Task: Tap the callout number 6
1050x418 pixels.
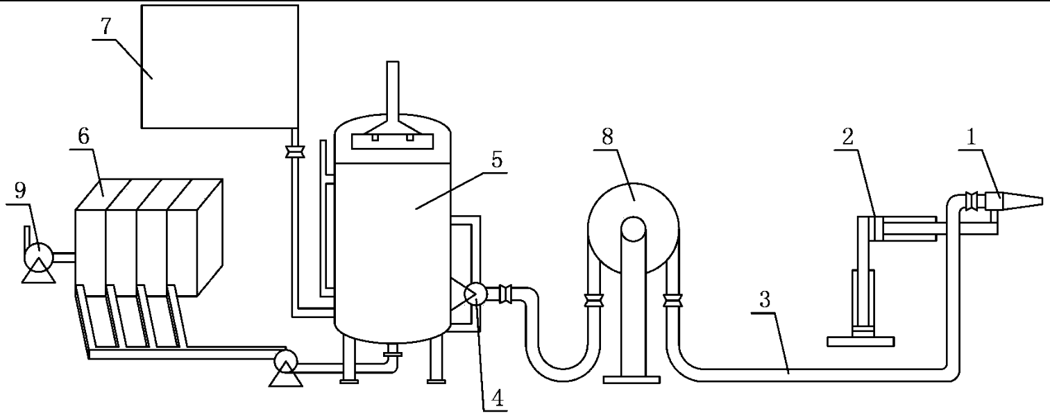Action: click(83, 137)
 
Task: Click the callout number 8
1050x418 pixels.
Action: click(607, 137)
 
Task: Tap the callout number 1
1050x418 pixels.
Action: click(971, 137)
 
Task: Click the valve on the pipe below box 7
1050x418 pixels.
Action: click(295, 151)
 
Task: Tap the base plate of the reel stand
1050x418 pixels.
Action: click(631, 379)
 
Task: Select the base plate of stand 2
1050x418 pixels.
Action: click(860, 341)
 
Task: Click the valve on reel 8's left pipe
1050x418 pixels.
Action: click(593, 301)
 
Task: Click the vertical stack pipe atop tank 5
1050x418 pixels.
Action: click(393, 87)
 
